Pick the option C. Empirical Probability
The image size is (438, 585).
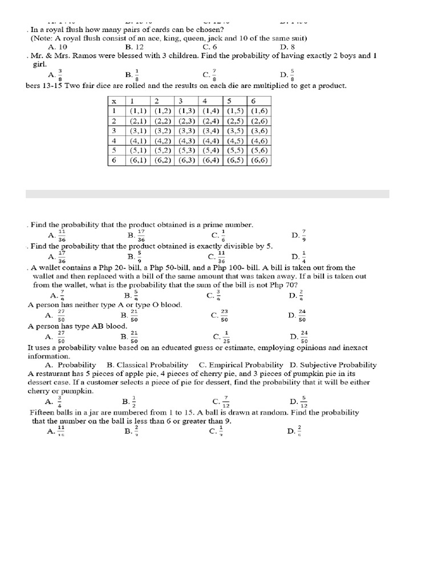241,364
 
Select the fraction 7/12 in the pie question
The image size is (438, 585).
226,401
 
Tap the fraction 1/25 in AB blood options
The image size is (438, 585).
226,336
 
